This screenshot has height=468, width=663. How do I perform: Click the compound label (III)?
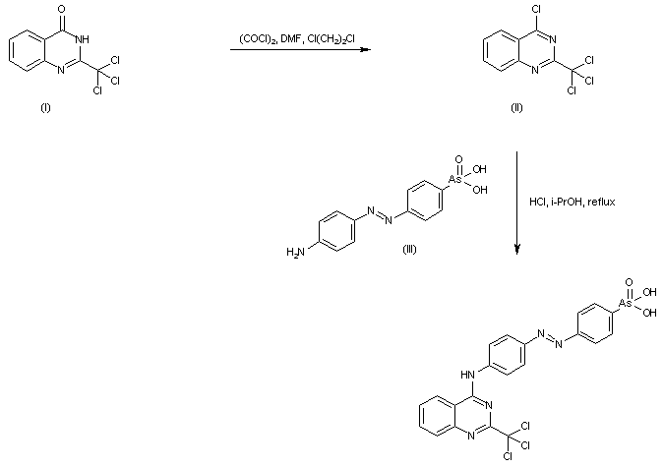[x=411, y=248]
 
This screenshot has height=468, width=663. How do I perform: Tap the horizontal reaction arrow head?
[x=364, y=49]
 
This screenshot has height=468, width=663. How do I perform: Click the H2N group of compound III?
[x=295, y=254]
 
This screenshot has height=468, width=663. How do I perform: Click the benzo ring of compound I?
[x=27, y=48]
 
